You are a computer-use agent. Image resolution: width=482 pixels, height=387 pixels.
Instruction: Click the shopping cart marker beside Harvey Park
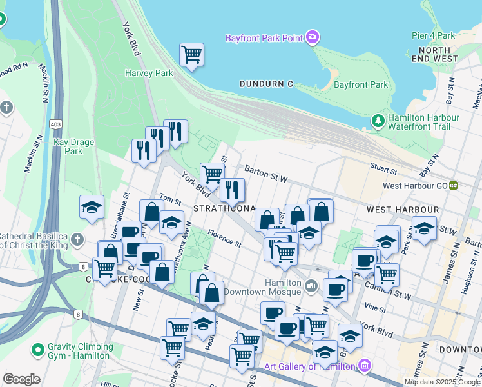coord(191,54)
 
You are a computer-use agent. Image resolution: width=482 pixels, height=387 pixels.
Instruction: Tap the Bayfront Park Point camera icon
coord(313,37)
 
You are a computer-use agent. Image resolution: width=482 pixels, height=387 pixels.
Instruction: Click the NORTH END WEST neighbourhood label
coord(438,54)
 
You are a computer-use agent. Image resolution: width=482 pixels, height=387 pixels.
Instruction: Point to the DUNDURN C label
coord(265,84)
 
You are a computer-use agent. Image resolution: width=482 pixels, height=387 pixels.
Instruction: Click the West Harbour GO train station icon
coord(454,185)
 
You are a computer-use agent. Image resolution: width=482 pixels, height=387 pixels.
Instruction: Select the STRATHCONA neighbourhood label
coord(224,210)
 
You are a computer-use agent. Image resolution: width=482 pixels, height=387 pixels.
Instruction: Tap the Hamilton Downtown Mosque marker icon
coord(311,284)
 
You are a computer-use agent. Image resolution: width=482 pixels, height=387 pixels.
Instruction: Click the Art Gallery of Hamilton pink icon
coord(365,366)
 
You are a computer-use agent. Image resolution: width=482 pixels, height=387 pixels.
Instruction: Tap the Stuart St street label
coord(383,169)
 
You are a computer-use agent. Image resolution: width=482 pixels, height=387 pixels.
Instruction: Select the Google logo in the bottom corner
coord(21,379)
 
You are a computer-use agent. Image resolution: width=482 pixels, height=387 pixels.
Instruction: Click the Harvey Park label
coord(149,74)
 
